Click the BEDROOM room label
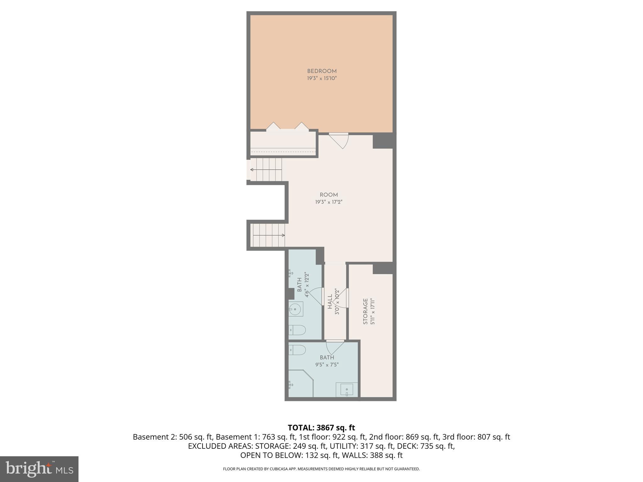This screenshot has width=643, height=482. pyautogui.click(x=321, y=71)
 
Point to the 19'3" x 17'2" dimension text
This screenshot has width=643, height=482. pyautogui.click(x=329, y=202)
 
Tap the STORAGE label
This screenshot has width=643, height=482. pyautogui.click(x=365, y=311)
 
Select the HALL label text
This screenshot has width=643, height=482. pyautogui.click(x=330, y=302)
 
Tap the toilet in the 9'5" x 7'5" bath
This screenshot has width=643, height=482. pyautogui.click(x=297, y=350)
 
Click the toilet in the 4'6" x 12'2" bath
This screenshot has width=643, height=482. pyautogui.click(x=297, y=330)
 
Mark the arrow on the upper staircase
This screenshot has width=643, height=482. pyautogui.click(x=252, y=170)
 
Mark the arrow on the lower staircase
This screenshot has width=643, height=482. pyautogui.click(x=283, y=235)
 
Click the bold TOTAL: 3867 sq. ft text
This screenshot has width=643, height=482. pyautogui.click(x=321, y=428)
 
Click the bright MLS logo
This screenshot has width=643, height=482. pyautogui.click(x=39, y=469)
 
